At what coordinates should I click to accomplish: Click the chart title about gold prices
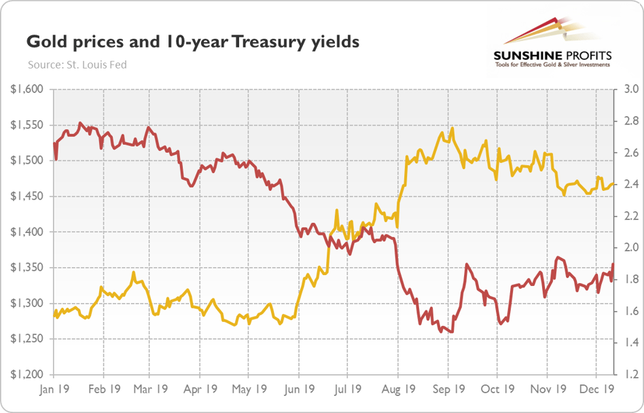192,43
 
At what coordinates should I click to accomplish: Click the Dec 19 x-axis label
596,390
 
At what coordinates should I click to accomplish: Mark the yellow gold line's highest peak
452,128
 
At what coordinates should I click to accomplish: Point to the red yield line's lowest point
450,332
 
